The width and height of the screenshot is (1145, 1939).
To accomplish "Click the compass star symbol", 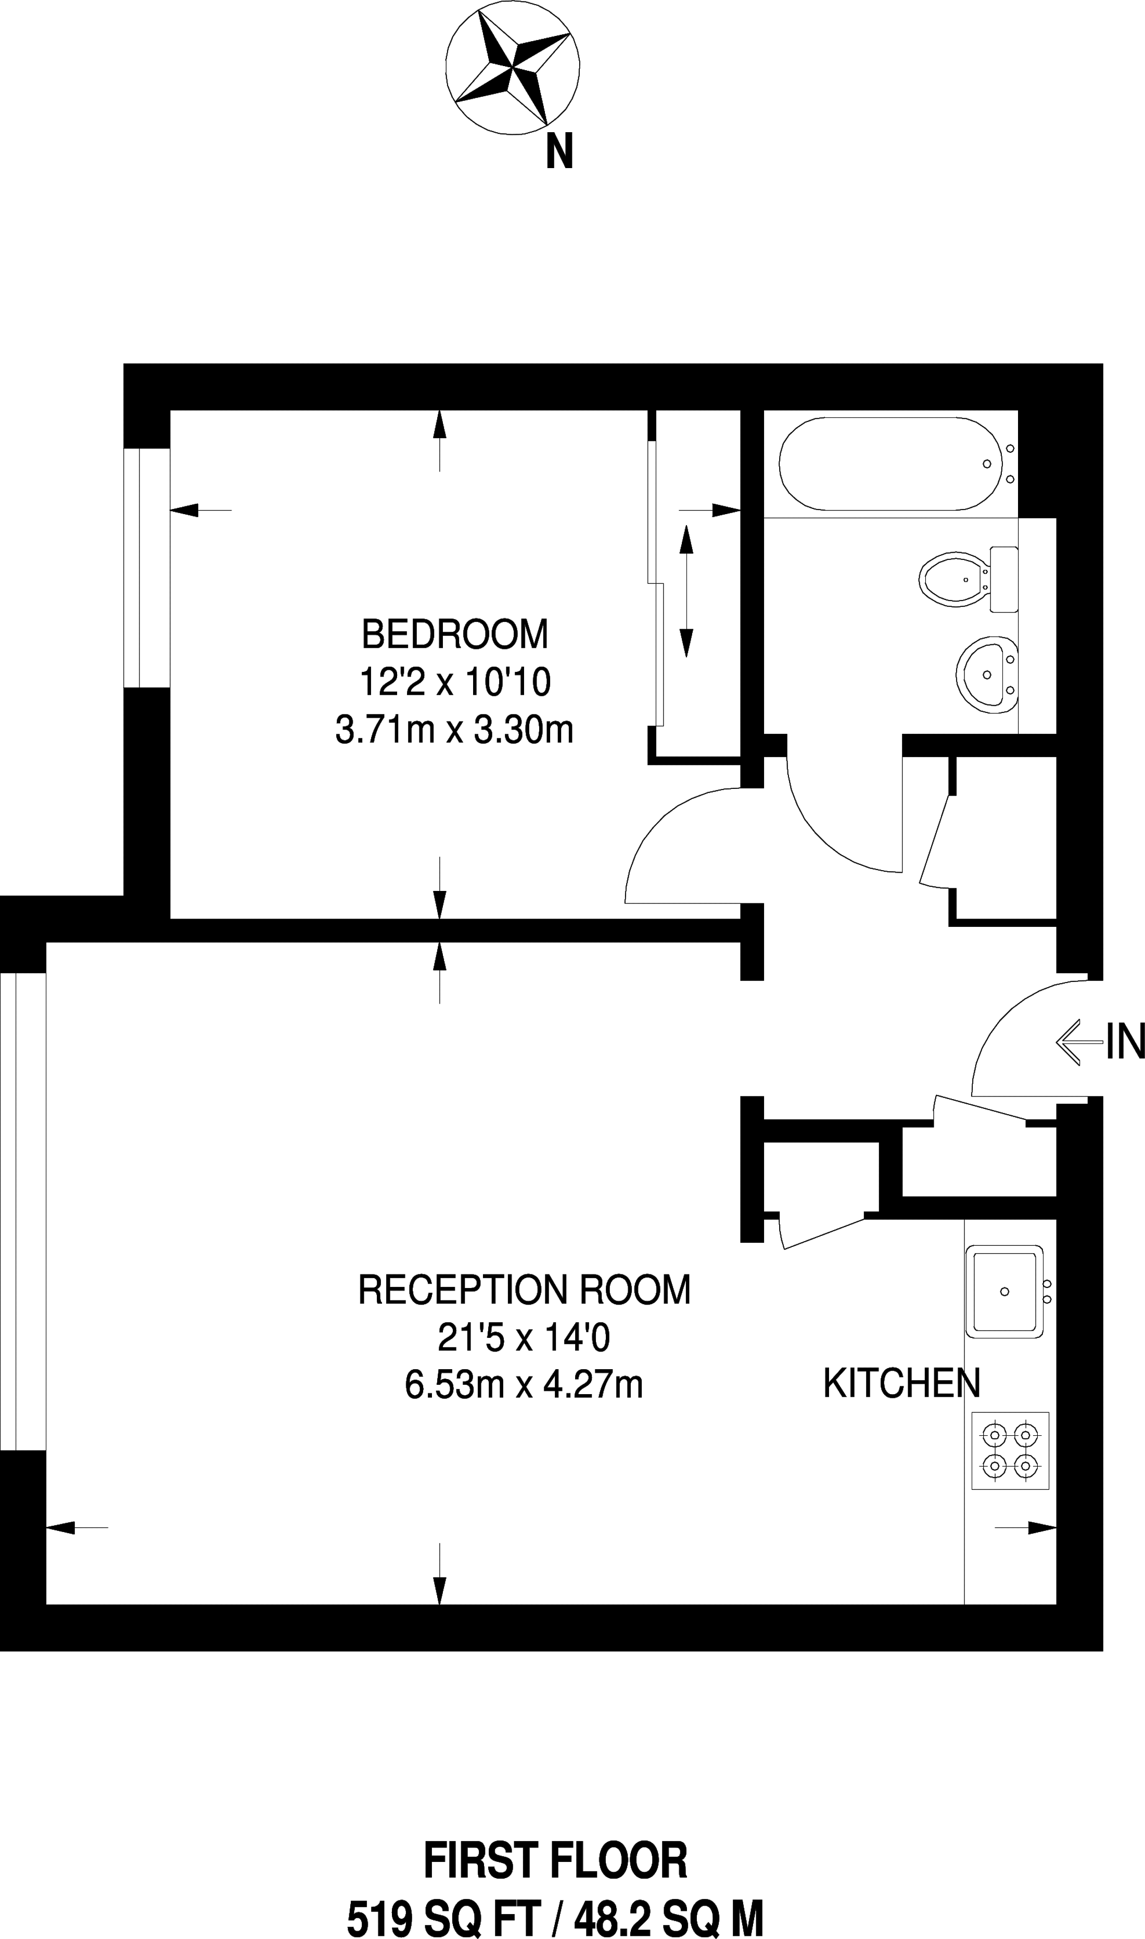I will click(x=512, y=68).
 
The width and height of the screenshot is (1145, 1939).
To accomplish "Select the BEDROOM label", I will click(x=454, y=635).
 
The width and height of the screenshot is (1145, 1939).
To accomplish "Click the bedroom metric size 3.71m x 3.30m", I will click(x=454, y=730).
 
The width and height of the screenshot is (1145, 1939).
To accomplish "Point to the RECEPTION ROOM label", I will click(x=524, y=1290).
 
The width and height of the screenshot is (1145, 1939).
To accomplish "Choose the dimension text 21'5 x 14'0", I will click(x=524, y=1337).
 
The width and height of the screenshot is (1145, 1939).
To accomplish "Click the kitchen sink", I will click(x=1004, y=1292).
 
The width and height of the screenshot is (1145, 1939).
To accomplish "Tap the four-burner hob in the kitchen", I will click(x=1010, y=1450).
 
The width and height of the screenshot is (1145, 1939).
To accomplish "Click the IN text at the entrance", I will click(x=1125, y=1041).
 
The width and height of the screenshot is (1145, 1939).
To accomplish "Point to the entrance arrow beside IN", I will click(x=1079, y=1042).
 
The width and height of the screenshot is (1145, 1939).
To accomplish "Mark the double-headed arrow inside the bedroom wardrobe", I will click(x=686, y=591).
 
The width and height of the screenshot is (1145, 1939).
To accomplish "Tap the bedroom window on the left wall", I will click(x=147, y=568).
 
